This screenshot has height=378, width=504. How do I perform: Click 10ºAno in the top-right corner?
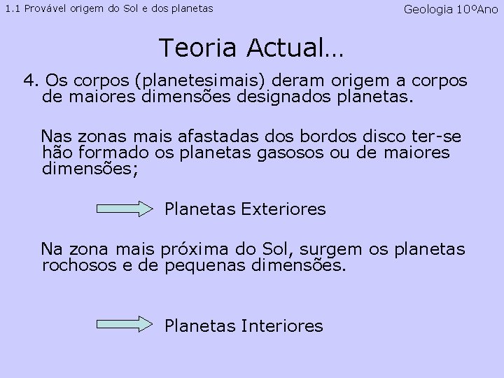(x=479, y=9)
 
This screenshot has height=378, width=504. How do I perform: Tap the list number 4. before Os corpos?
(x=32, y=79)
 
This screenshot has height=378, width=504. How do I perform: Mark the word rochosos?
(x=74, y=266)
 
